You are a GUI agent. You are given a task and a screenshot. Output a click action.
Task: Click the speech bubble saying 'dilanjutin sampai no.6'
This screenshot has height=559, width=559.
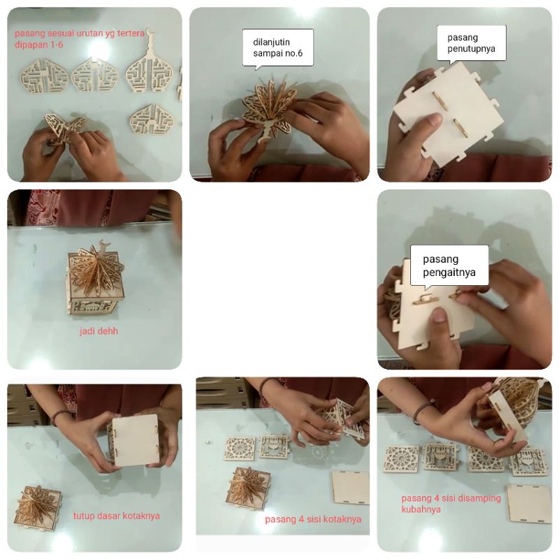[277, 48]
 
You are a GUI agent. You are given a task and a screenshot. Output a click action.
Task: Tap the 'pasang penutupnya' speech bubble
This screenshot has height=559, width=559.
[471, 43]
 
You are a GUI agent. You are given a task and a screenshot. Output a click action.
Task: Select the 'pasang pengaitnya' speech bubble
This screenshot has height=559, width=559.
[449, 266]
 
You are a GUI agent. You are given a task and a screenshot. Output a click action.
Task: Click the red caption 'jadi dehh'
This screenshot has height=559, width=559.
[99, 331]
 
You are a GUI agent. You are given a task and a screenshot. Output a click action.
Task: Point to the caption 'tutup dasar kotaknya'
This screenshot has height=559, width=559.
[117, 516]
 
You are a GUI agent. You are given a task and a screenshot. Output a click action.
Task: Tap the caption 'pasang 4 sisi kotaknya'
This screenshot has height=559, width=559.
[313, 519]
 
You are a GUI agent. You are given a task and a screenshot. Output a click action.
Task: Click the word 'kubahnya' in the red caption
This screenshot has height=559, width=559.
[421, 509]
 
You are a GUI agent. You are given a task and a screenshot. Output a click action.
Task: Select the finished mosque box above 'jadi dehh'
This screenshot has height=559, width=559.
[96, 278]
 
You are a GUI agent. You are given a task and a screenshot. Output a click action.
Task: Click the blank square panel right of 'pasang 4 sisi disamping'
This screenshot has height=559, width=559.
[529, 503]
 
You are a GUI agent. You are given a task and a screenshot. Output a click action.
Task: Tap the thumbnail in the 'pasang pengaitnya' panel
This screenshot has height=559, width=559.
[440, 315]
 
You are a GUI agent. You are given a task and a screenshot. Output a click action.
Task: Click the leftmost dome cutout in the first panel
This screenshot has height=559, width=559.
[44, 76]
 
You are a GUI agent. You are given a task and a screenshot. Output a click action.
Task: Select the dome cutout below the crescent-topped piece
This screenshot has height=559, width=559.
[151, 119]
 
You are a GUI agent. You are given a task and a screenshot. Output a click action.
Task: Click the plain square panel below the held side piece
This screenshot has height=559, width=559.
[351, 487]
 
